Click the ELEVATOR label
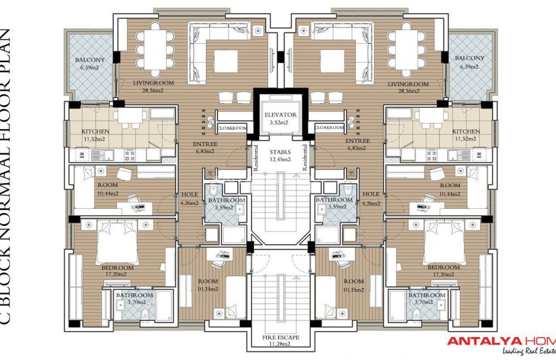click(281, 115)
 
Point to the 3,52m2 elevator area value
click(281, 122)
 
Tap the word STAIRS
click(281, 151)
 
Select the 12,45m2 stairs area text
click(281, 159)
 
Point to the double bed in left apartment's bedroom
click(116, 243)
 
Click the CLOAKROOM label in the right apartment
click(329, 128)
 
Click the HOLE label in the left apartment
click(188, 194)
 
